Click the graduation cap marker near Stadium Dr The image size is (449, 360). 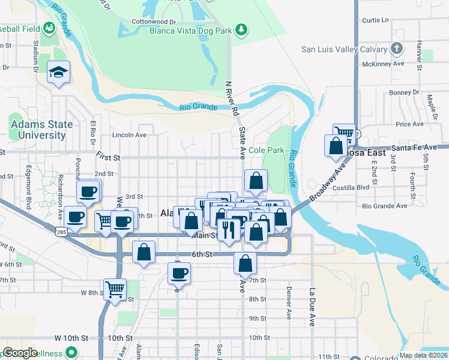58,73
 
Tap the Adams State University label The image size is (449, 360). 41,130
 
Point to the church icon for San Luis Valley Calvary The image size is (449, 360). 396,49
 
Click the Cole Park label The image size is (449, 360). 266,150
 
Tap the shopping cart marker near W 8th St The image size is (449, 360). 114,289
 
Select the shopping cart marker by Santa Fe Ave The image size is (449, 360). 343,134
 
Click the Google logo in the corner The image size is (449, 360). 20,353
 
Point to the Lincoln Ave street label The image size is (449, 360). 129,135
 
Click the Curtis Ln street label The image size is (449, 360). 376,20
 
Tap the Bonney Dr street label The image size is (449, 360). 403,92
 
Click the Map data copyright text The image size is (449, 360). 422,355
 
